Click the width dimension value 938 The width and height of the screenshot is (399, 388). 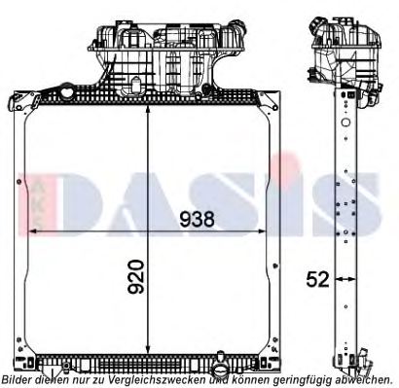click(197, 219)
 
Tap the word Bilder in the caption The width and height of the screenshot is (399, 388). click(18, 380)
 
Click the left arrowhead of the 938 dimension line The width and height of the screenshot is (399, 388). click(30, 233)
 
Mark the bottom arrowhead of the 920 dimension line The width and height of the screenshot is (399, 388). click(146, 356)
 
